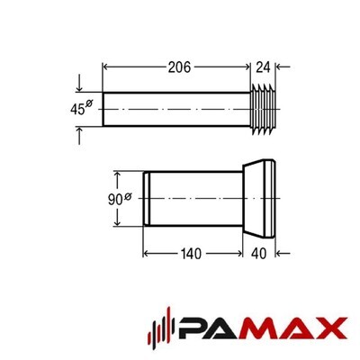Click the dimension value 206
[179, 67]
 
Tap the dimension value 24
[263, 67]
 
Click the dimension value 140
[191, 254]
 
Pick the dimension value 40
[258, 254]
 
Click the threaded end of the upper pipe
[263, 110]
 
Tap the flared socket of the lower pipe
[259, 199]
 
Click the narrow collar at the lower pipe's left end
[147, 198]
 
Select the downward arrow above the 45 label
[79, 83]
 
